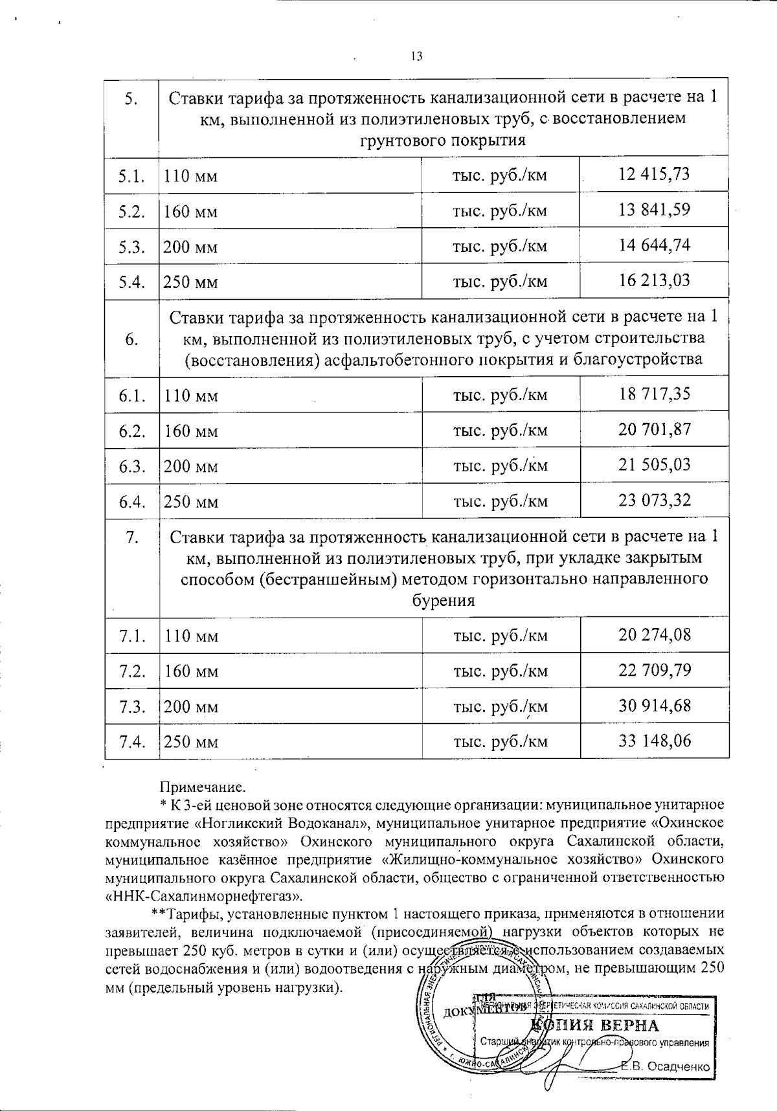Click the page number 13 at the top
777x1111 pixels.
[x=416, y=56]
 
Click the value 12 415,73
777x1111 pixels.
[x=654, y=174]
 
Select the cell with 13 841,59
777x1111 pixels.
[x=654, y=210]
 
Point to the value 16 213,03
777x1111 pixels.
[x=654, y=280]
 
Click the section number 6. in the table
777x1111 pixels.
[x=131, y=339]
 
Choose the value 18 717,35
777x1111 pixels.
[x=654, y=394]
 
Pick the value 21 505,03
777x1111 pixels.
[x=654, y=465]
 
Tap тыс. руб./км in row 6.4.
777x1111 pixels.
[x=501, y=501]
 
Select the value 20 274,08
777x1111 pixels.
[x=654, y=634]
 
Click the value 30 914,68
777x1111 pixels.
[x=654, y=706]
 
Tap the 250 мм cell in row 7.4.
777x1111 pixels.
[x=190, y=742]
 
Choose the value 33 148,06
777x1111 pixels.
[x=654, y=741]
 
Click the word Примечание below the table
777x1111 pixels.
[x=203, y=787]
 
